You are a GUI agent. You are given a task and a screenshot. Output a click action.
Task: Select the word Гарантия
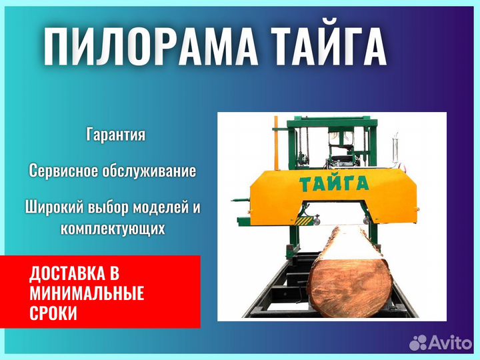116,135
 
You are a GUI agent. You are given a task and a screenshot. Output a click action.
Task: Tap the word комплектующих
113,228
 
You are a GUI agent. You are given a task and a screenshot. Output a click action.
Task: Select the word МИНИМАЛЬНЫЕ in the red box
87,293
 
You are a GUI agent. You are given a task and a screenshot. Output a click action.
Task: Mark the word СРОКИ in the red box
53,313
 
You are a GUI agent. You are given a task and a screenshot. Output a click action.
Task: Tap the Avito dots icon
418,343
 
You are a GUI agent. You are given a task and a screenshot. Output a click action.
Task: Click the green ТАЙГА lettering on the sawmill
334,184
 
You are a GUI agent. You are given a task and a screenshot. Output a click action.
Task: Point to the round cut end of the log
349,287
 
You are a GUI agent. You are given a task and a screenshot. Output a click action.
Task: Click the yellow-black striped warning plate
303,221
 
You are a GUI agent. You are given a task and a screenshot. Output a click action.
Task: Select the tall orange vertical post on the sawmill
277,143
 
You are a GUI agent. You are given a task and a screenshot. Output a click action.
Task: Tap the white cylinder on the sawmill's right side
395,149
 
